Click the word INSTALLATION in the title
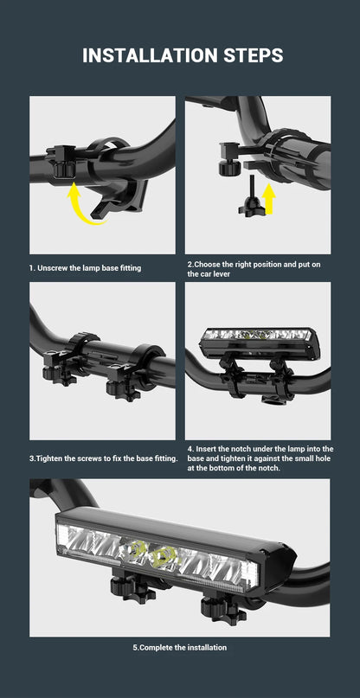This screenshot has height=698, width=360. coord(145,55)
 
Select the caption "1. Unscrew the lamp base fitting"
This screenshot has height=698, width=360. coord(85,268)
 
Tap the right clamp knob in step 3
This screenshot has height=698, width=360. coord(124,387)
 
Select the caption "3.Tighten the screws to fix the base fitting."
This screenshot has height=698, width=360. coord(104,458)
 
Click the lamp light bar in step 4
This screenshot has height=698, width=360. coord(259,343)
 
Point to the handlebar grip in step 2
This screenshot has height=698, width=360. coord(312,156)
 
